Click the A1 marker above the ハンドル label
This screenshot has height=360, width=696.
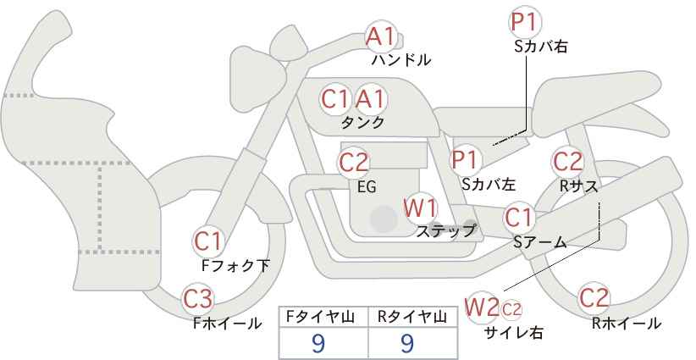[x=380, y=36]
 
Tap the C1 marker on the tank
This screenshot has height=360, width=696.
[x=334, y=99]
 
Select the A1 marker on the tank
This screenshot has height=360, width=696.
[x=370, y=99]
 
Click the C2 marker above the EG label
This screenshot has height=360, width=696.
[x=353, y=163]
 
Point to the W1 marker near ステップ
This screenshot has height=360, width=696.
[x=421, y=208]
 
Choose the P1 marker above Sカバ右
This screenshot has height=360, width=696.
[x=525, y=23]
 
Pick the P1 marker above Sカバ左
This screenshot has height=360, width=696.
[x=465, y=160]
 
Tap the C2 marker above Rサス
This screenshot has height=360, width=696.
[x=566, y=162]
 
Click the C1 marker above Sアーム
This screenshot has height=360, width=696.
[x=518, y=218]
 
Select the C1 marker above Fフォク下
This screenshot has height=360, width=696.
[x=207, y=242]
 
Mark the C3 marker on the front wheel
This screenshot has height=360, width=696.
[x=198, y=299]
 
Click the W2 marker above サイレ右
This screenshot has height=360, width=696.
[x=482, y=307]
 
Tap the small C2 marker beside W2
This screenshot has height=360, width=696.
[x=511, y=309]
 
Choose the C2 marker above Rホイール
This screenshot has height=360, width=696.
[x=594, y=298]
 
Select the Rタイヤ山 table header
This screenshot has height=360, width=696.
[x=412, y=317]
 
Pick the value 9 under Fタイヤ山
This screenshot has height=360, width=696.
[x=318, y=343]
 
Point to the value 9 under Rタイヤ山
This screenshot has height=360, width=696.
[x=407, y=343]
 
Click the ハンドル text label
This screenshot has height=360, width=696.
[x=401, y=60]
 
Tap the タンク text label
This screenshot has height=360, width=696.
[x=362, y=122]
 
